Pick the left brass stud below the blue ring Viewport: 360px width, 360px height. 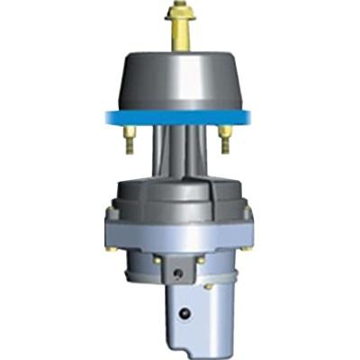pyautogui.click(x=128, y=138)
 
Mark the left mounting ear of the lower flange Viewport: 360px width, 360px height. pyautogui.click(x=110, y=216)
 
